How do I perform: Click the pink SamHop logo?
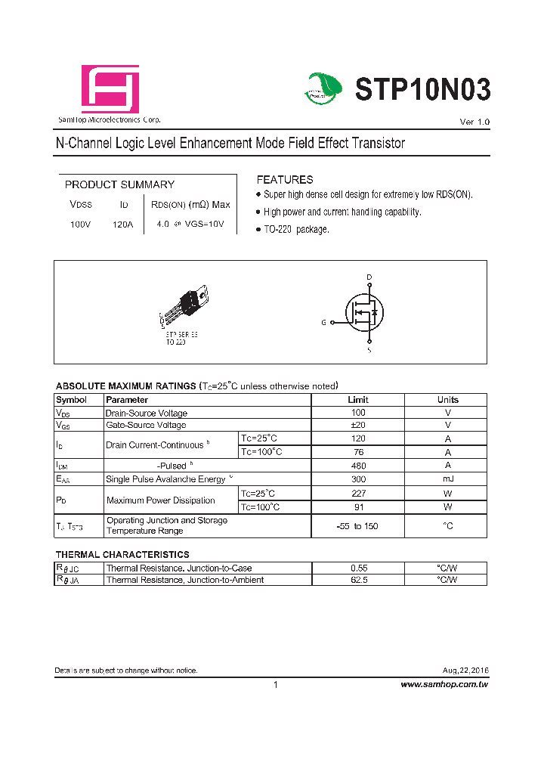coord(110,88)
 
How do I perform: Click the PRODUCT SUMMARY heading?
coord(119,184)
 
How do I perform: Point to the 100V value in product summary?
coord(80,225)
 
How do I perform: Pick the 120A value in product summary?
coord(122,225)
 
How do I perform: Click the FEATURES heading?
coord(285,180)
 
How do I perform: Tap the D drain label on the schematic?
coord(369,277)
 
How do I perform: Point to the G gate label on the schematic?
coord(323,322)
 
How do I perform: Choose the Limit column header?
coord(358,400)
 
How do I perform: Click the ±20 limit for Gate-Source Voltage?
coord(358,425)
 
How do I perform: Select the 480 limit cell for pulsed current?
coord(358,466)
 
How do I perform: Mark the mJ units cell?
coord(447,479)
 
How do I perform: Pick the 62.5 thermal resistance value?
coord(358,580)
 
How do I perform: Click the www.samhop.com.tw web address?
coord(444,684)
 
